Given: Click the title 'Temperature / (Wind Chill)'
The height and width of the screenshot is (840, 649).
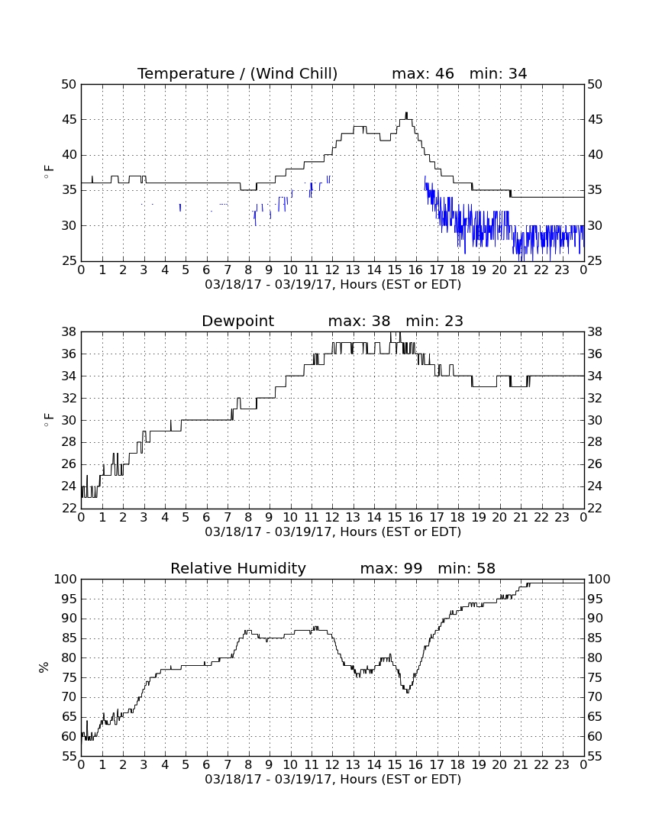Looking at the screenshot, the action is [x=237, y=73].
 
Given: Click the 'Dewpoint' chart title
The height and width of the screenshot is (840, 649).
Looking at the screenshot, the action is [x=237, y=321].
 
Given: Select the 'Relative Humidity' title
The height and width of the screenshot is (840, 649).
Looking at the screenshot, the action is [x=237, y=568].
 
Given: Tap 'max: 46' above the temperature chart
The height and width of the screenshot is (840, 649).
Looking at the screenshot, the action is [x=423, y=73].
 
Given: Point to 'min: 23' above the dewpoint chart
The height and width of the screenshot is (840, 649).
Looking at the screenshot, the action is [x=434, y=321].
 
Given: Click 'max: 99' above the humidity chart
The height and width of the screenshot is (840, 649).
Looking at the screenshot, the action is [x=391, y=568].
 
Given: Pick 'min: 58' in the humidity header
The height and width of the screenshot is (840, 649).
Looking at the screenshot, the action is [x=467, y=568].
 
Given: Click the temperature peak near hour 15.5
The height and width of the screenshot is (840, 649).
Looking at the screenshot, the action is [x=406, y=113].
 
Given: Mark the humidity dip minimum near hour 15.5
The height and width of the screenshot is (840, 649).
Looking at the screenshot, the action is [x=408, y=692].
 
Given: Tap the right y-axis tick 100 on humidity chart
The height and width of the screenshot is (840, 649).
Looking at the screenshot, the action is [x=599, y=579].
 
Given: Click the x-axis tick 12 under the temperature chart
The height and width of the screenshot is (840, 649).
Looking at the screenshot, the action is [x=332, y=270].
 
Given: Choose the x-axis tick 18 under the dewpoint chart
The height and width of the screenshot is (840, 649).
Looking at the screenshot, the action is [x=457, y=518].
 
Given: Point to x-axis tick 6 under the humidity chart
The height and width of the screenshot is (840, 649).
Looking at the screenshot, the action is [x=207, y=765].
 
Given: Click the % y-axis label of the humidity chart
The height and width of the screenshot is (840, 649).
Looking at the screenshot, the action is [x=44, y=667].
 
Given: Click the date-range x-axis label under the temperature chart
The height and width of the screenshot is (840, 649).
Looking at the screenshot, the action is [x=333, y=285].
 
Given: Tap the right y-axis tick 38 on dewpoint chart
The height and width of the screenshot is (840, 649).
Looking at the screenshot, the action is [x=595, y=332].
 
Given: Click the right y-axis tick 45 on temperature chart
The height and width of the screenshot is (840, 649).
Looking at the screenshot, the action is [x=595, y=119].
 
